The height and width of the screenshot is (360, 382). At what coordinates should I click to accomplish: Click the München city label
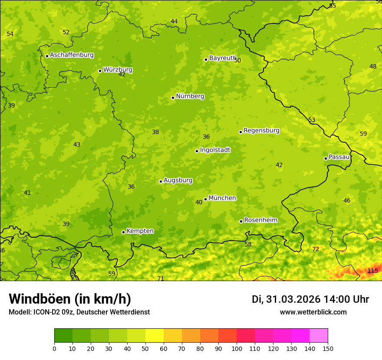click(222, 198)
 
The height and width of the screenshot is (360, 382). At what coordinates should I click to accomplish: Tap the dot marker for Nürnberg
click(173, 98)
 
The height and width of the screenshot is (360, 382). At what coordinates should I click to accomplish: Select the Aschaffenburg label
click(72, 55)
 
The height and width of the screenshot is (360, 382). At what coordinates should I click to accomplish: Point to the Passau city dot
click(326, 158)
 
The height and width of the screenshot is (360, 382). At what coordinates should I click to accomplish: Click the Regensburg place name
click(261, 131)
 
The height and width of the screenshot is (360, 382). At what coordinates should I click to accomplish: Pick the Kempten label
click(140, 231)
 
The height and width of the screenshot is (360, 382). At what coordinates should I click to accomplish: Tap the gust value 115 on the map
click(372, 271)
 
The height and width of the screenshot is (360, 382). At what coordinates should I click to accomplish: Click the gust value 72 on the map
click(316, 249)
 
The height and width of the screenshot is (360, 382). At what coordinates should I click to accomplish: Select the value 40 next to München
click(199, 202)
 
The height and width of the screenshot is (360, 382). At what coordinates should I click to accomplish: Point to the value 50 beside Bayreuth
click(237, 60)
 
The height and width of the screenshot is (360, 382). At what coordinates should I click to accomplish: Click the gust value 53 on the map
click(312, 120)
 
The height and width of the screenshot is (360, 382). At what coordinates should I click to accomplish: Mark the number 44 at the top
click(174, 21)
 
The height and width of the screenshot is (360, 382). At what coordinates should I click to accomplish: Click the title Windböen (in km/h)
click(70, 299)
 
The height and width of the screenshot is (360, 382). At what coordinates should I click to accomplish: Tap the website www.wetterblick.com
click(313, 312)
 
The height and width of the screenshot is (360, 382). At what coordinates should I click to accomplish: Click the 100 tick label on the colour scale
click(237, 348)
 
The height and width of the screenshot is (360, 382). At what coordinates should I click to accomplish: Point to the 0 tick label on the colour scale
click(54, 348)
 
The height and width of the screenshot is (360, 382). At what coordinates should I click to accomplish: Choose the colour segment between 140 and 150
click(319, 336)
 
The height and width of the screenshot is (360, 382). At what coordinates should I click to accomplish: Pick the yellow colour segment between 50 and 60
click(155, 336)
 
